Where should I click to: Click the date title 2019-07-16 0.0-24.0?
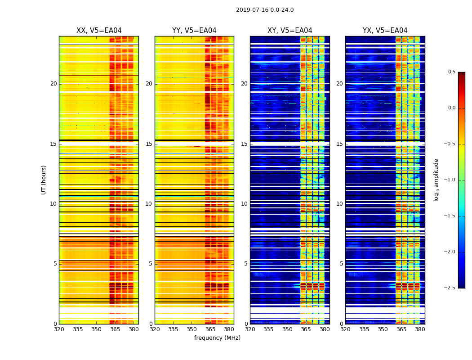point(265,10)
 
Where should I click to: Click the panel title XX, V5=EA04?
point(99,31)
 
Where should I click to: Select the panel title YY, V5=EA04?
point(194,31)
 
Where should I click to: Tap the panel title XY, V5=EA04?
point(290,31)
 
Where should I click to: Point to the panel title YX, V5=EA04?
point(385,31)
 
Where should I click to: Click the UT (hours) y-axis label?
point(44,180)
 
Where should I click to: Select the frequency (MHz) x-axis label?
point(217,338)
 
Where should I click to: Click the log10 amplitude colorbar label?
point(436,180)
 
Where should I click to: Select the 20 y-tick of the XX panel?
point(53,84)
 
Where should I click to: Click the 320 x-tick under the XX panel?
point(59,329)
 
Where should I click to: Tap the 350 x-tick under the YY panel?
point(192,329)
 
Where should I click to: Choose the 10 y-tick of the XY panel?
point(244,204)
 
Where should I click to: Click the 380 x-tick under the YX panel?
point(420,329)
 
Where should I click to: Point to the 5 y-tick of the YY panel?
point(151,264)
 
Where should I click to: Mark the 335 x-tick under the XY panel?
point(269,329)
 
